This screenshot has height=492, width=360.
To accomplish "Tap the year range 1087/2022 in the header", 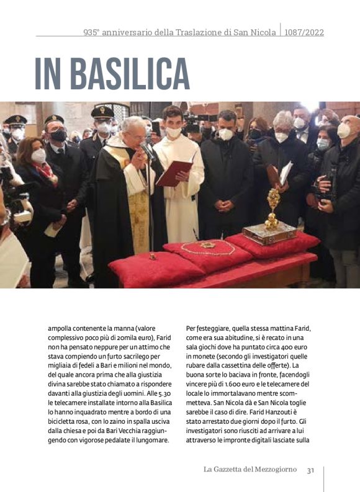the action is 304,32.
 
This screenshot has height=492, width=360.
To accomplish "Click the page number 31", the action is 310,470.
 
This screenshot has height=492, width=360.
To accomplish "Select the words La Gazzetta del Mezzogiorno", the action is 250,470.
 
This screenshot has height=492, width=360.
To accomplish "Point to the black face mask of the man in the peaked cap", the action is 58,135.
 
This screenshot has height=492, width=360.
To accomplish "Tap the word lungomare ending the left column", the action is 150,439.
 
